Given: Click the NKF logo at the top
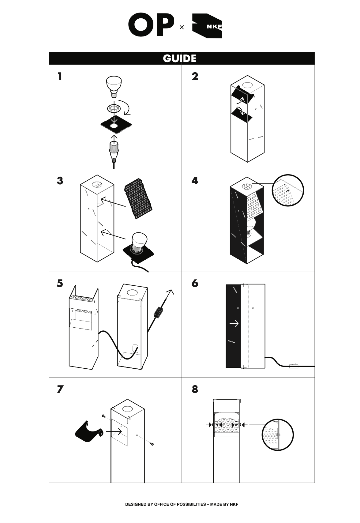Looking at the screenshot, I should (207, 26).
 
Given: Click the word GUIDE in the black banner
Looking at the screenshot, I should (179, 58).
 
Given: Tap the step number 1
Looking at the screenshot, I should (60, 76).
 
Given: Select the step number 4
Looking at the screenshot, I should (195, 181).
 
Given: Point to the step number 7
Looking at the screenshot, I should (60, 389).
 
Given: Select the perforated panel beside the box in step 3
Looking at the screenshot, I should (138, 197).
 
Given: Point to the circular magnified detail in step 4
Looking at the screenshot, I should (288, 190).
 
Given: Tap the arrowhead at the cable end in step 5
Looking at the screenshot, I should (170, 292).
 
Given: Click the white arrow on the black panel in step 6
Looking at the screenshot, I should (234, 323).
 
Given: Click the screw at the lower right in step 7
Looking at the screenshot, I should (152, 444).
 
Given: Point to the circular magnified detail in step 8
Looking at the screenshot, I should (278, 435).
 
